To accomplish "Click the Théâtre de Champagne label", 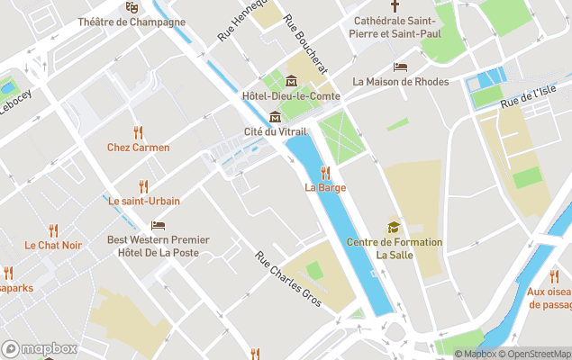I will [132, 22].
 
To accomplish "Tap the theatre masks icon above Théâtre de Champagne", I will [132, 7].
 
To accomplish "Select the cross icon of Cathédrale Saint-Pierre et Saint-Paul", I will [394, 4].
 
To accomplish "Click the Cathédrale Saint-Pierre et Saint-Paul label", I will [394, 26].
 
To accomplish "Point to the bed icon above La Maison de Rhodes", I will [401, 67].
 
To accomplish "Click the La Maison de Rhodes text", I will [401, 81].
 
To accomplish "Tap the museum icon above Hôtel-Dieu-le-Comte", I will [291, 82].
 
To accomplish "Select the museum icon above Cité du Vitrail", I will [275, 117].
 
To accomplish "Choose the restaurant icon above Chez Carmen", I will [138, 133].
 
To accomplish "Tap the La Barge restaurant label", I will [325, 187].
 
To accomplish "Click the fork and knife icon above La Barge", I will [325, 173].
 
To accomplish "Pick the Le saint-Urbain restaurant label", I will [144, 201].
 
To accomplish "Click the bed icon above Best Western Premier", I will [159, 225].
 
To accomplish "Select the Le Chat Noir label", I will [53, 245].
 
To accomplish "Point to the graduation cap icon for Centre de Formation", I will [394, 227].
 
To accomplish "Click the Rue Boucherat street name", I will [304, 43].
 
